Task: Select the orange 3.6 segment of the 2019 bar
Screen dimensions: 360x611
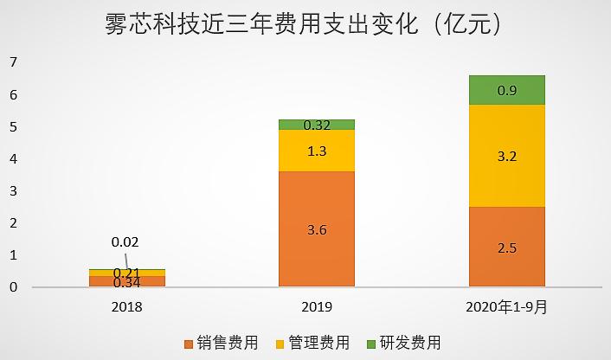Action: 317,229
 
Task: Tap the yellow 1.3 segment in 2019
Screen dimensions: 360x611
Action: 317,151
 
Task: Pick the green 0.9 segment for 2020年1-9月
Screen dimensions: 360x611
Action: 507,90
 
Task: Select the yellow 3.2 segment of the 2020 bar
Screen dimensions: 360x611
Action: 507,156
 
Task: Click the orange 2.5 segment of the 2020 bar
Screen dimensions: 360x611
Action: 507,247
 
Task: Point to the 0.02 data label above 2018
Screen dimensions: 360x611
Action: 125,242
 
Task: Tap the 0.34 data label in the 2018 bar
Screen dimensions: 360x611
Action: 126,281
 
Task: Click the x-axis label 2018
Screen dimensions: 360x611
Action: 126,306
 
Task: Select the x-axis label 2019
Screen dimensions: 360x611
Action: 317,306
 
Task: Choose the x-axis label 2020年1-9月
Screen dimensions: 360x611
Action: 507,306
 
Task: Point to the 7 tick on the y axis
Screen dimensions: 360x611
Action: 13,62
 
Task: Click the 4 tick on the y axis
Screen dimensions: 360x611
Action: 13,159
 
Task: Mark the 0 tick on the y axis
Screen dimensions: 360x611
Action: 13,287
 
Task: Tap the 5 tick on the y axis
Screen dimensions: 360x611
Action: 13,127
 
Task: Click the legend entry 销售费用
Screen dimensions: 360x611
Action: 228,342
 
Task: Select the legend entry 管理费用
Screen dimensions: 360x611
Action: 319,342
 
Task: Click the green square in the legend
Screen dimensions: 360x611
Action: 373,343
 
